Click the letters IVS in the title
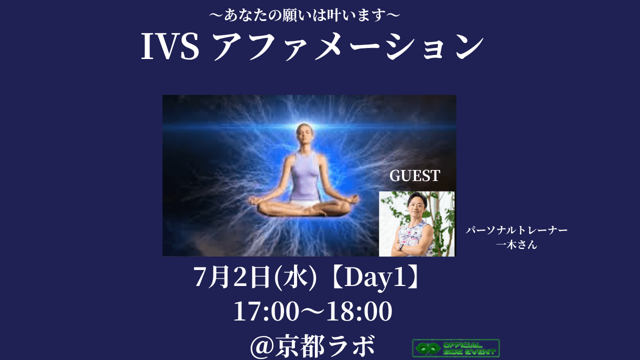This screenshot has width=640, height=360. click(170, 47)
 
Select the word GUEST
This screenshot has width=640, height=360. click(414, 175)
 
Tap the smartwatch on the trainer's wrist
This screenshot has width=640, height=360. click(401, 247)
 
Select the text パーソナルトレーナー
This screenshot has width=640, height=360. click(516, 230)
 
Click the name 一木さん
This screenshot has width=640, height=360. click(516, 244)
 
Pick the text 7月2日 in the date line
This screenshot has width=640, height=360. click(232, 276)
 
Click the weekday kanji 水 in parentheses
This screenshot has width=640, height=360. click(295, 277)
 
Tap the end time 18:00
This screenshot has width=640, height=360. click(359, 311)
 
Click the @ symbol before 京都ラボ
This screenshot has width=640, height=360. click(263, 347)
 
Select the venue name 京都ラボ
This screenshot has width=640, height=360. click(325, 346)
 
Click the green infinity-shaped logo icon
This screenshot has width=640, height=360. click(427, 348)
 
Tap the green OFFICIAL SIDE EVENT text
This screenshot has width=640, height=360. click(469, 348)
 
